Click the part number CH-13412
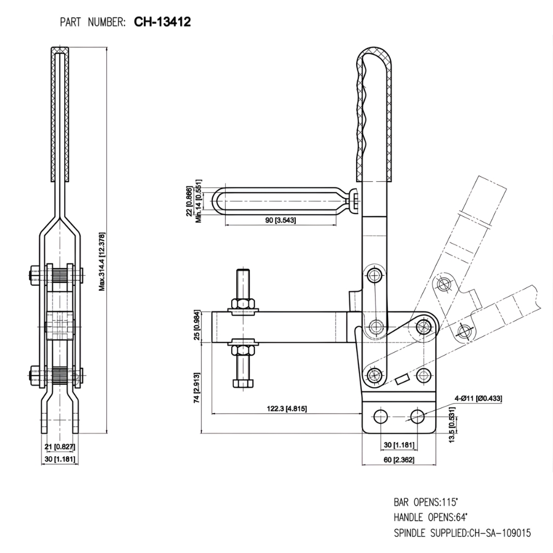[163, 22]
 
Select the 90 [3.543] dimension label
[281, 221]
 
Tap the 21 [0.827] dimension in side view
[60, 446]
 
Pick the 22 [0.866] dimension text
[189, 201]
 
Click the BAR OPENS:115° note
[426, 503]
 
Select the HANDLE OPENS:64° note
[430, 518]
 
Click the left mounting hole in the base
[380, 416]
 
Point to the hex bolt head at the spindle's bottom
[242, 383]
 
